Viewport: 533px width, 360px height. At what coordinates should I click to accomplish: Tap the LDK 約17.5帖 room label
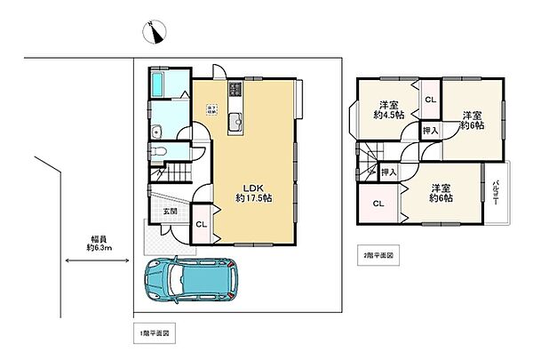(x=252, y=193)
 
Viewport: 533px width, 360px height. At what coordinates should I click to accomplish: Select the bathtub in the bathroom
(x=157, y=86)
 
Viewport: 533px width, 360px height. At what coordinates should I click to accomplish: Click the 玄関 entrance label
(x=170, y=212)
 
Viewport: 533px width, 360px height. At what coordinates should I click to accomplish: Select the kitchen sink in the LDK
(x=235, y=123)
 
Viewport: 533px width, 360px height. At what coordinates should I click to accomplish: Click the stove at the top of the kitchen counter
(x=235, y=90)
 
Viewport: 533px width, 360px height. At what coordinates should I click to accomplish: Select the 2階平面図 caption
(x=378, y=254)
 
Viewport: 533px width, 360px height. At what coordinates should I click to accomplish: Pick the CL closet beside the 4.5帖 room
(x=429, y=99)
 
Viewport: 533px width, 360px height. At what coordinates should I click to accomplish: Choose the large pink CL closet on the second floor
(x=378, y=204)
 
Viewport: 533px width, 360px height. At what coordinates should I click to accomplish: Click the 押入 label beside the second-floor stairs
(x=387, y=171)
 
